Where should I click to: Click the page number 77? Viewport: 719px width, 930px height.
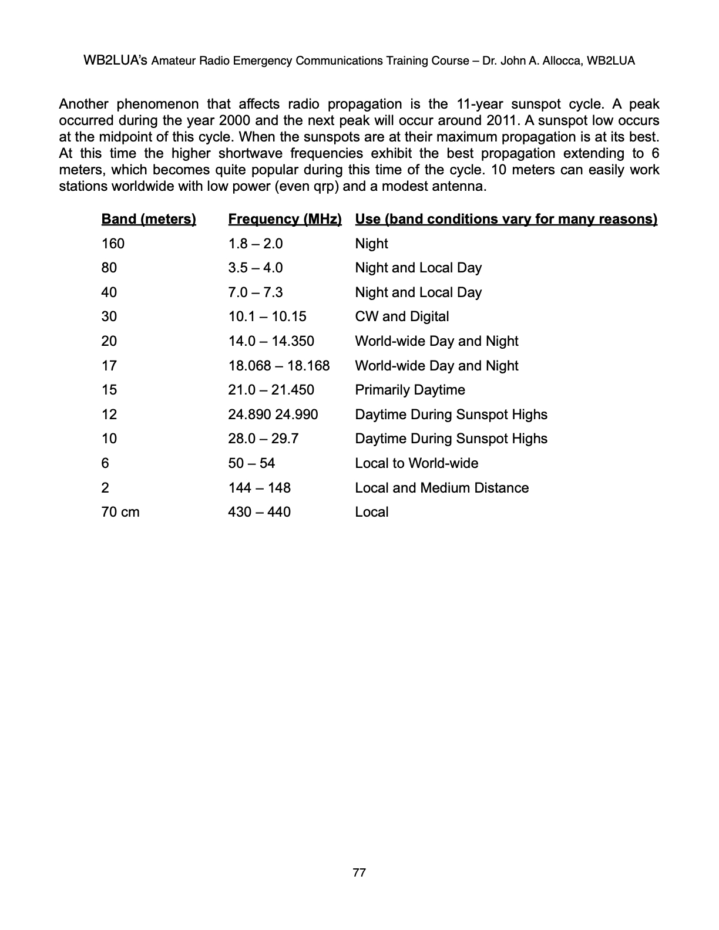tap(359, 872)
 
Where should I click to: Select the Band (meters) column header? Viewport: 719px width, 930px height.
tap(149, 219)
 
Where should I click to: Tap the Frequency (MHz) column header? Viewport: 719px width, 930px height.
tap(285, 219)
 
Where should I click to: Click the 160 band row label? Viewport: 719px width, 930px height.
tap(113, 244)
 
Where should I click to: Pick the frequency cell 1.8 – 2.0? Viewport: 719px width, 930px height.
tap(256, 244)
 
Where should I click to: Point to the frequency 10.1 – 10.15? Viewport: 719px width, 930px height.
tap(267, 316)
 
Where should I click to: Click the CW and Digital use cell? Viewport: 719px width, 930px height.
tap(402, 316)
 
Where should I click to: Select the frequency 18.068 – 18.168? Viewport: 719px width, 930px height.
tap(279, 366)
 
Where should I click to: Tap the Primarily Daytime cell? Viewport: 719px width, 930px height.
tap(410, 390)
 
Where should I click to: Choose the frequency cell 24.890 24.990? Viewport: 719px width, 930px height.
tap(273, 415)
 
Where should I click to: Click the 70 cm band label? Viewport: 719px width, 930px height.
tap(120, 512)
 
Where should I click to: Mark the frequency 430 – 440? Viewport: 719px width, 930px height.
tap(259, 512)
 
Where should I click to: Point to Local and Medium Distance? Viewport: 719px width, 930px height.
tap(442, 488)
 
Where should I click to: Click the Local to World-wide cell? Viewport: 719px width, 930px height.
tap(416, 463)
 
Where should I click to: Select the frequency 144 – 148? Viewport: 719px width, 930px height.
tap(259, 488)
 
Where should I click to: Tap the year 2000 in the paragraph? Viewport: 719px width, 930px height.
tap(219, 121)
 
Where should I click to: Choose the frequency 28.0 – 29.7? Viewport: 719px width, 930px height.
tap(263, 439)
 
